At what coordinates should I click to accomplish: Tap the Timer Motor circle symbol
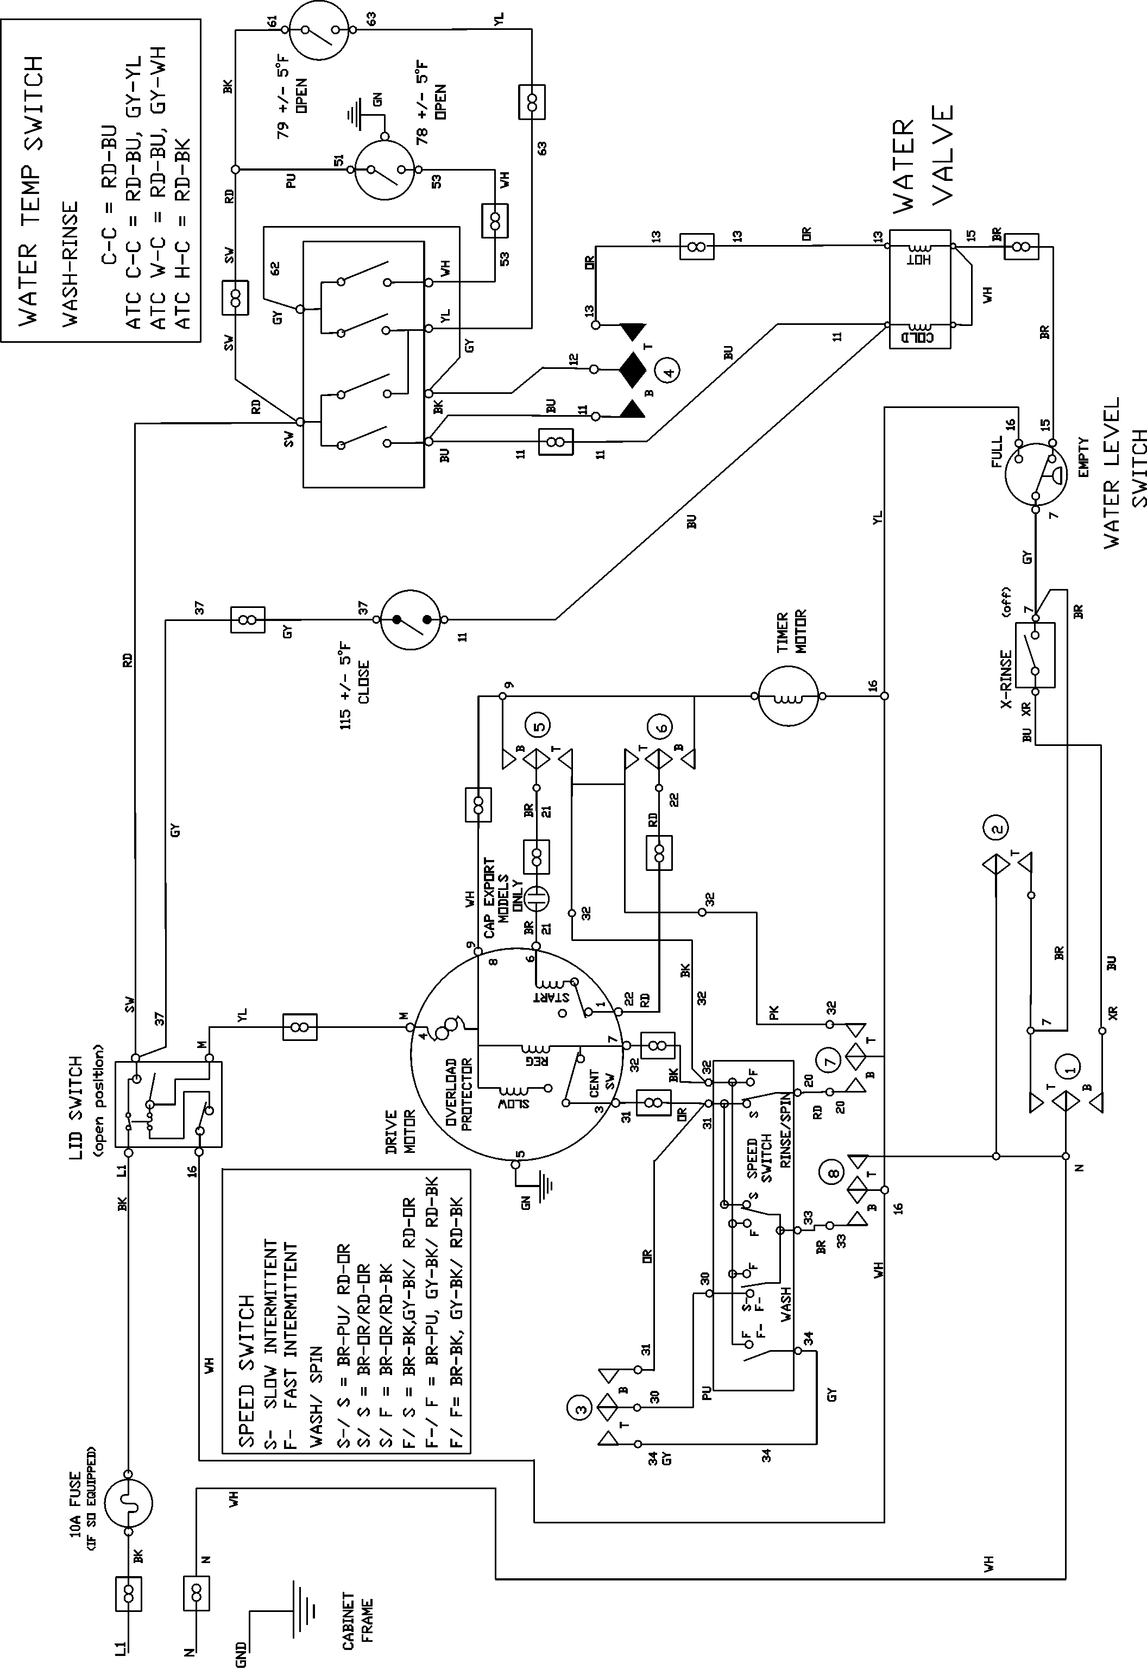(789, 696)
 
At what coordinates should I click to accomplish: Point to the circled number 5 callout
(540, 725)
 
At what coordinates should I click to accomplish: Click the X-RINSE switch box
(1035, 655)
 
